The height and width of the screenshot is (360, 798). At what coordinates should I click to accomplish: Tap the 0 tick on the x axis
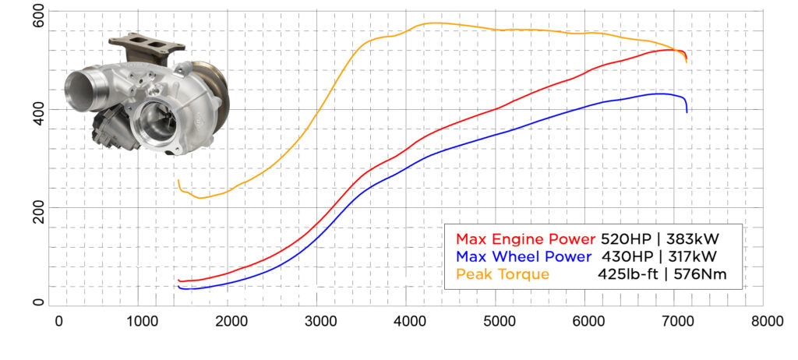coord(58,320)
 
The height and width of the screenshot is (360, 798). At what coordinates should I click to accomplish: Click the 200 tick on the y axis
coord(37,207)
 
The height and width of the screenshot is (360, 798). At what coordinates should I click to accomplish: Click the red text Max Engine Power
coord(526,238)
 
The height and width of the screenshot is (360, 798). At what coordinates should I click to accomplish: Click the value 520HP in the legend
coord(626,238)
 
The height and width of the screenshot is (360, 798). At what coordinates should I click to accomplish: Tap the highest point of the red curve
coord(670,50)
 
